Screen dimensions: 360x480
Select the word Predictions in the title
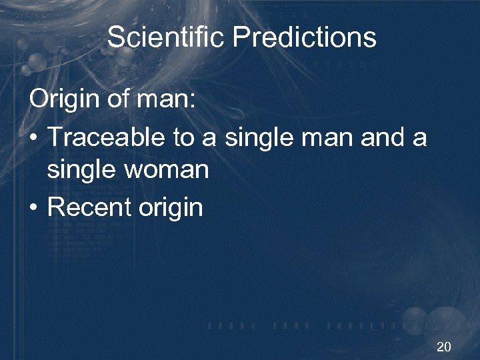click(x=305, y=37)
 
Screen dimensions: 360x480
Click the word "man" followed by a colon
click(x=164, y=102)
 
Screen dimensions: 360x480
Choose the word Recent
click(x=90, y=206)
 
